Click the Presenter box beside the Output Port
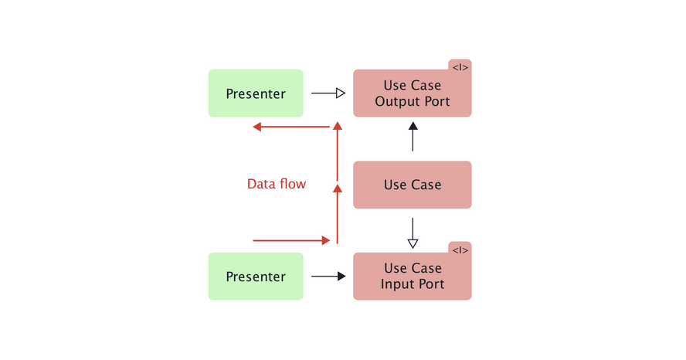[x=256, y=93]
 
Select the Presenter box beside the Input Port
[x=256, y=277]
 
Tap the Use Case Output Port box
[x=412, y=93]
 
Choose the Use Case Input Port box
[x=412, y=277]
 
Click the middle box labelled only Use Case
[x=412, y=185]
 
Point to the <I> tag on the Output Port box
[x=460, y=68]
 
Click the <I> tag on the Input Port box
[x=460, y=250]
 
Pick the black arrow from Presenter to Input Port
[x=328, y=276]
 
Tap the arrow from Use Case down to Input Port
[x=413, y=233]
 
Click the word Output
[x=400, y=102]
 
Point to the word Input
[x=396, y=284]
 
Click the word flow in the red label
[x=292, y=184]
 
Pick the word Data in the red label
[x=260, y=184]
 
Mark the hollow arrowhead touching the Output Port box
[x=340, y=93]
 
